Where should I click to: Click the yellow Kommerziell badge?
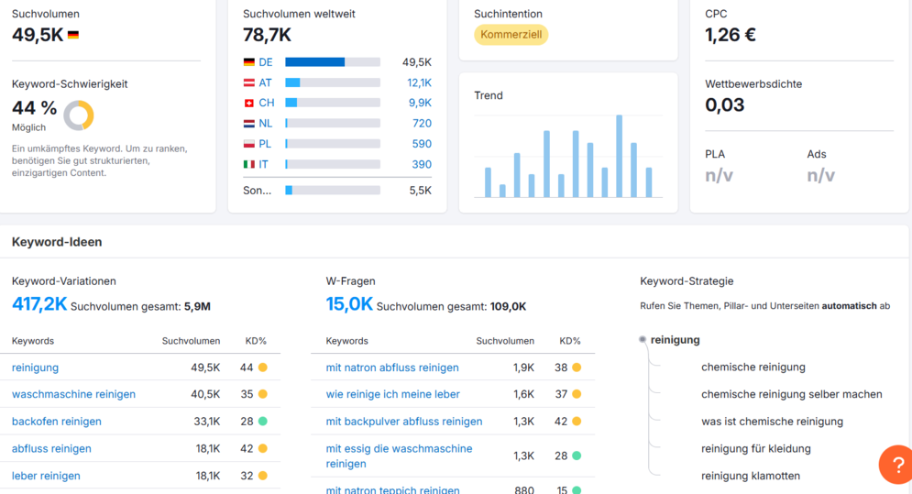511,34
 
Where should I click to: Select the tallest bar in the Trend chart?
619,156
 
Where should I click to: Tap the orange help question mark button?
897,465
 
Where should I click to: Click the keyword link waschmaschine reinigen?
73,394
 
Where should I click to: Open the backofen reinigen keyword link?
57,422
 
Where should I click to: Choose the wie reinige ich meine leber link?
392,394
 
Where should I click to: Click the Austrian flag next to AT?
249,82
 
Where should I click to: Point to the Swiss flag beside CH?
249,103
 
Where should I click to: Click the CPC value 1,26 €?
730,35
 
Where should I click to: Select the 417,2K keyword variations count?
39,303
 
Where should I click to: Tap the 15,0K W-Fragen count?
349,303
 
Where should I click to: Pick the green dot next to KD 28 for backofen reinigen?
263,422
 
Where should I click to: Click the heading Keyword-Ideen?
57,242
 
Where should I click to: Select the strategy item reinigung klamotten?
751,476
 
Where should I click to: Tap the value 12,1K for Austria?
419,82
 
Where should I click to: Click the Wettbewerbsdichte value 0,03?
724,104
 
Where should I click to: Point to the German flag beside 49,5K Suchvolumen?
72,36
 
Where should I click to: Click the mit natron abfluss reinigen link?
392,368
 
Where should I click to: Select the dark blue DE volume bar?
314,62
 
